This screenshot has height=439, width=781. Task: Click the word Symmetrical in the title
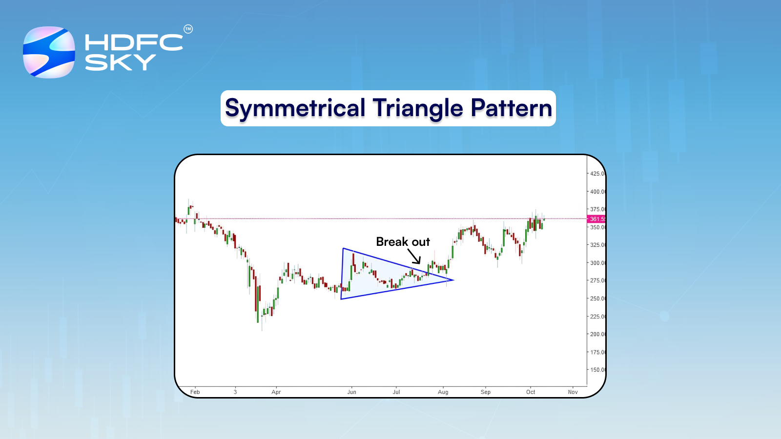click(x=295, y=108)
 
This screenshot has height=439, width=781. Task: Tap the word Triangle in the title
click(x=418, y=108)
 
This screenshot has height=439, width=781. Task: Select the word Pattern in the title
click(x=512, y=108)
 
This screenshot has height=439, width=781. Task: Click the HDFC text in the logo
click(x=134, y=43)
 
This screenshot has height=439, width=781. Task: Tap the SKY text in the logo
click(x=120, y=62)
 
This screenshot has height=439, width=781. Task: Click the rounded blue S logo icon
click(x=49, y=52)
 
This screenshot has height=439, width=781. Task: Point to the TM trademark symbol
click(x=188, y=29)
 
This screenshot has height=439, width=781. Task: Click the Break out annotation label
click(x=403, y=242)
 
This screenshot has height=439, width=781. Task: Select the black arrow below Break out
click(x=414, y=257)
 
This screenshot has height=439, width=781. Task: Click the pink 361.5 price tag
click(x=596, y=219)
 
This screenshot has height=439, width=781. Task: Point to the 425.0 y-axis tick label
click(x=597, y=174)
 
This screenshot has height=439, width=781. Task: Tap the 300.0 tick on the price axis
click(x=597, y=263)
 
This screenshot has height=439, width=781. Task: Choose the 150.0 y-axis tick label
click(x=597, y=370)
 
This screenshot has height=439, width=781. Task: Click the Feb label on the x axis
click(x=195, y=392)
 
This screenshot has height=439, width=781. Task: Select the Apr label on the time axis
click(x=276, y=392)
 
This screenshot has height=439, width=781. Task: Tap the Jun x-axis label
click(x=351, y=392)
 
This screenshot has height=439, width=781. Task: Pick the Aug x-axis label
click(x=443, y=392)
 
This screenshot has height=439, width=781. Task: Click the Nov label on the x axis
click(x=573, y=392)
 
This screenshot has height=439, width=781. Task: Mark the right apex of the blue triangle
click(x=453, y=280)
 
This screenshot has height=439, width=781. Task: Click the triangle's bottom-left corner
click(x=341, y=299)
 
